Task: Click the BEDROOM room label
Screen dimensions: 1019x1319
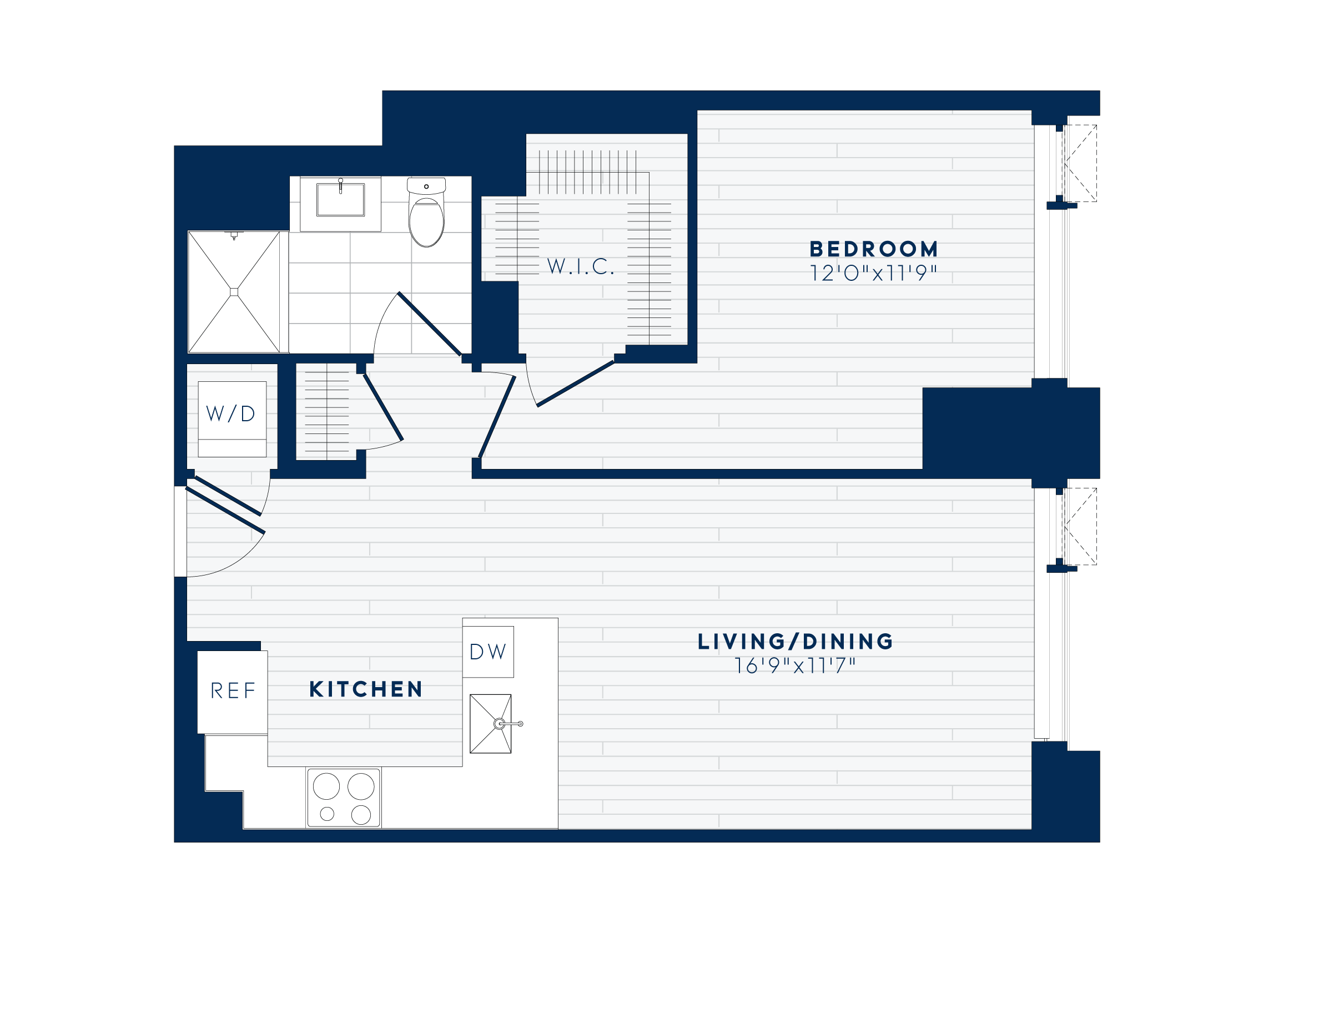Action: [x=873, y=249]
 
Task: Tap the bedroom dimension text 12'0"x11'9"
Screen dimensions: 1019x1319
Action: [x=873, y=274]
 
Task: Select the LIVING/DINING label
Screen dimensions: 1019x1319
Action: [x=796, y=642]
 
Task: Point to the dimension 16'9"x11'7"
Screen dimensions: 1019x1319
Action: [x=796, y=666]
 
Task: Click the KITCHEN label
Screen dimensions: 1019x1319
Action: [x=366, y=689]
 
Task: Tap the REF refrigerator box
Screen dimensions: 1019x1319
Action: [x=233, y=692]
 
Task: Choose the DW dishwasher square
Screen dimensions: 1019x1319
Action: [x=488, y=652]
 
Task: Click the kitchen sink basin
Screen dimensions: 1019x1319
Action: [x=490, y=724]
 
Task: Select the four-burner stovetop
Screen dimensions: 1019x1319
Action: [x=344, y=798]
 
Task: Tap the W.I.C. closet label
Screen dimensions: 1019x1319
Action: [x=580, y=266]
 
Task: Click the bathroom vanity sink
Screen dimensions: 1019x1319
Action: [x=341, y=200]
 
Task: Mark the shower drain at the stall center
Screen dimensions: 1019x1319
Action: [x=234, y=292]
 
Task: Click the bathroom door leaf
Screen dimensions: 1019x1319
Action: [x=430, y=324]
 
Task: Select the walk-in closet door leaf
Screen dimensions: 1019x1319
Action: [x=576, y=384]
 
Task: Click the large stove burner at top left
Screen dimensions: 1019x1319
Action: [x=326, y=786]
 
